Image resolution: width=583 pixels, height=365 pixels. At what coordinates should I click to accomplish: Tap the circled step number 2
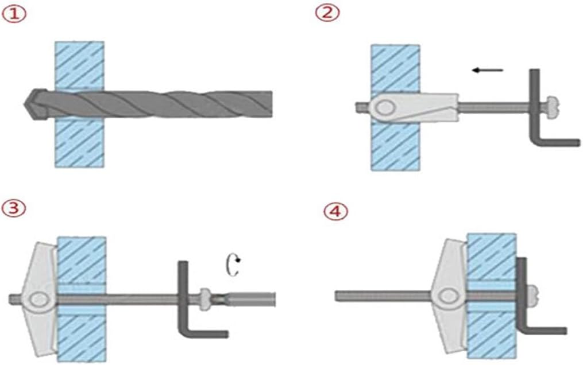coord(327,13)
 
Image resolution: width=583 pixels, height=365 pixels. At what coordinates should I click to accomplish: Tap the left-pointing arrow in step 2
coord(487,70)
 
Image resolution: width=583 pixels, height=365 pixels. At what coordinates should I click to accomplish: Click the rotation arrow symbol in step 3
coord(233,266)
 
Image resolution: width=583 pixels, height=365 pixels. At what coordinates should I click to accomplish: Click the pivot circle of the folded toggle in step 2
coord(385,107)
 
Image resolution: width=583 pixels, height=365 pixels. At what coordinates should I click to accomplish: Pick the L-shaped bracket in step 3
coord(184,304)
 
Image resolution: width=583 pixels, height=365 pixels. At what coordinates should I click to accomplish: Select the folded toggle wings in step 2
coord(419,107)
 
